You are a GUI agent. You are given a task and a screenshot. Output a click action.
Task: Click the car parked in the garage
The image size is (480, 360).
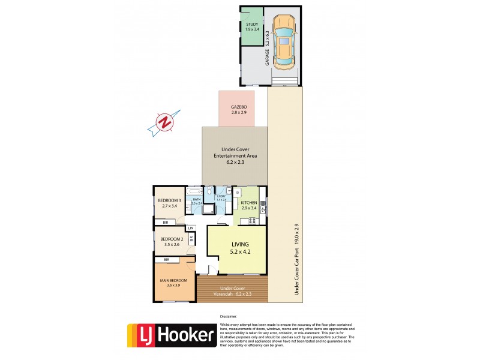283,42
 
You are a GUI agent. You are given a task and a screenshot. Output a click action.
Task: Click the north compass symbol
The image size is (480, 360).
164,123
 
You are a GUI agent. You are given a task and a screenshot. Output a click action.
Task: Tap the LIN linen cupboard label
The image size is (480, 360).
191,229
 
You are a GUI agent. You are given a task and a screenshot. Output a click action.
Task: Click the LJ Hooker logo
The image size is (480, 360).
172,335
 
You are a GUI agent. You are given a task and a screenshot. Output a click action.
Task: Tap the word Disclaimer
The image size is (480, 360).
229,316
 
